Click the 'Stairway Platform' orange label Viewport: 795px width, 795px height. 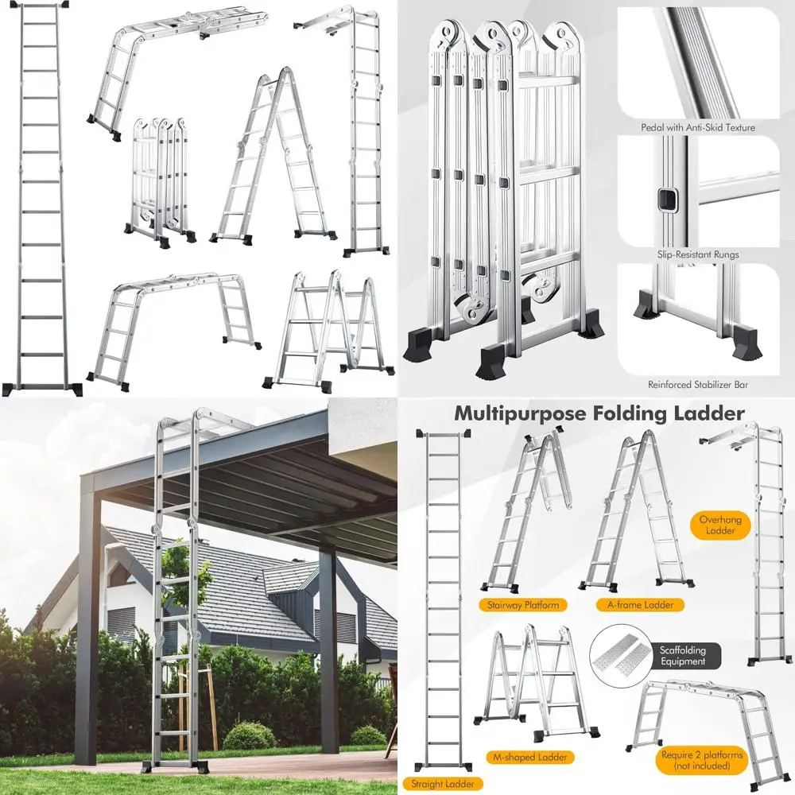[x=519, y=605]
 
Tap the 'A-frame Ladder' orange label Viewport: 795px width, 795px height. [x=634, y=605]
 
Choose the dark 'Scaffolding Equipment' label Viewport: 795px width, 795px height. [x=682, y=656]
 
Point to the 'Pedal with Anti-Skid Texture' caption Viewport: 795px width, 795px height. [x=697, y=127]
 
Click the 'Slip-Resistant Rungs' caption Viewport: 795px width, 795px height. [x=697, y=254]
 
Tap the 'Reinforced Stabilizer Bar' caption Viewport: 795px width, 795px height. [x=697, y=385]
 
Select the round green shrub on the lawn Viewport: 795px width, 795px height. [x=249, y=735]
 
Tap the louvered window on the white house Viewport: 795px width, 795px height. [x=122, y=624]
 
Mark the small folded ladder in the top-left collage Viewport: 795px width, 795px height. [x=159, y=179]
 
